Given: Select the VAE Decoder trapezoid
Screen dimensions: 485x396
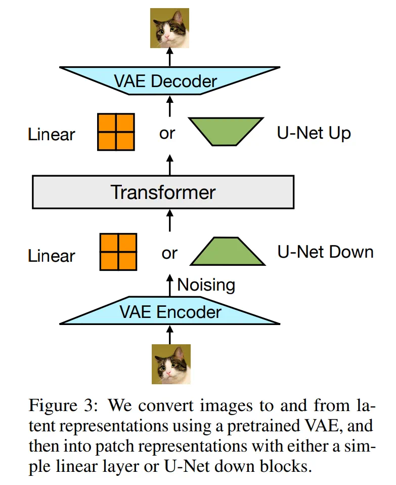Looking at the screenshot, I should (x=169, y=80).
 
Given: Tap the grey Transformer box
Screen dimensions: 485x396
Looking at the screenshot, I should (x=163, y=192).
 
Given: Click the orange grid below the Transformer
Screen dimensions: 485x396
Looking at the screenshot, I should (x=118, y=252).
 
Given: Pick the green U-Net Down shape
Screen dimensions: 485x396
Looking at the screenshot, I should (x=228, y=252).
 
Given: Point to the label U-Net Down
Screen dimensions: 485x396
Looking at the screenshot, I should (x=325, y=252).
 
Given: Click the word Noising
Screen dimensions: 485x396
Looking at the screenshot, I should (x=206, y=285).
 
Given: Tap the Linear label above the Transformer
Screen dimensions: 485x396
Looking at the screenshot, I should (x=52, y=135).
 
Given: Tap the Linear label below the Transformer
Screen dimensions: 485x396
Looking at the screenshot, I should (x=52, y=255).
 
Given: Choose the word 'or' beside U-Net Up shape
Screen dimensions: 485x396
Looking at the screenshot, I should (x=167, y=133).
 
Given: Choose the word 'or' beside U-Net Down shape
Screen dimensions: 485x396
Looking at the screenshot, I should (x=169, y=253).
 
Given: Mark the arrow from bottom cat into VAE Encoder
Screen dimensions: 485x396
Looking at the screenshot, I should (x=170, y=335).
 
